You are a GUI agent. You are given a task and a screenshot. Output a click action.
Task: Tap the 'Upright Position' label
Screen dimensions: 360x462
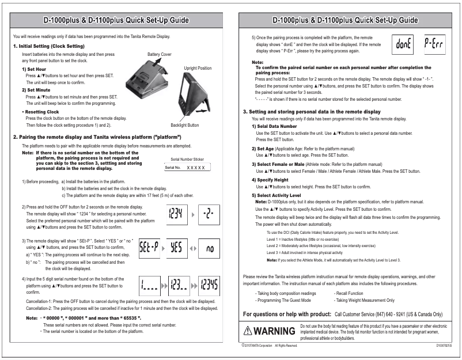197,68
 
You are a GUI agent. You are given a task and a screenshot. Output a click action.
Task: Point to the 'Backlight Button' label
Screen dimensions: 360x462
184,124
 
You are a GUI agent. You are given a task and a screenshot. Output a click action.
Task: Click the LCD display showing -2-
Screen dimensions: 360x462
210,215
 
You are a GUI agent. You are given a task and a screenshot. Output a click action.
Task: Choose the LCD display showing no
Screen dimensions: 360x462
210,247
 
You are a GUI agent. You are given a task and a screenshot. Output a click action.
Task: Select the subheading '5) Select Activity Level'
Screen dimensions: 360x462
277,195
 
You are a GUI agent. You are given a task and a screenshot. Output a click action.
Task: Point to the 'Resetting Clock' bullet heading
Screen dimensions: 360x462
40,111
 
